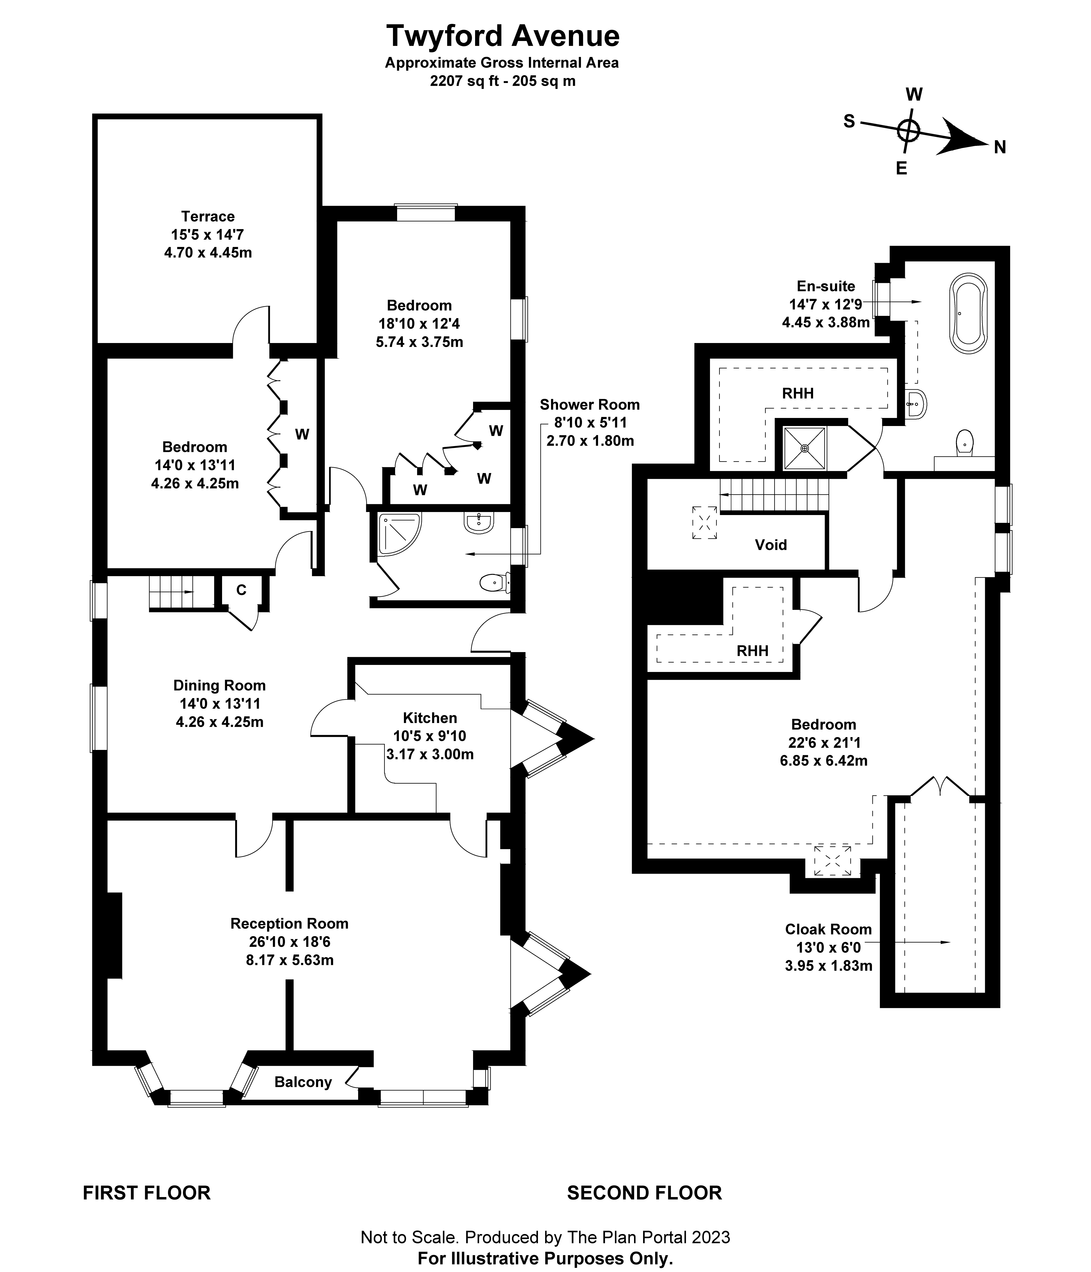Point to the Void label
(x=771, y=544)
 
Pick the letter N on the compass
(x=999, y=147)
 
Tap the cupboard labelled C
(x=241, y=590)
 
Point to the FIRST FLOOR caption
(x=147, y=1193)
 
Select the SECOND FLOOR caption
(x=644, y=1193)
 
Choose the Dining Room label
(x=219, y=685)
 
